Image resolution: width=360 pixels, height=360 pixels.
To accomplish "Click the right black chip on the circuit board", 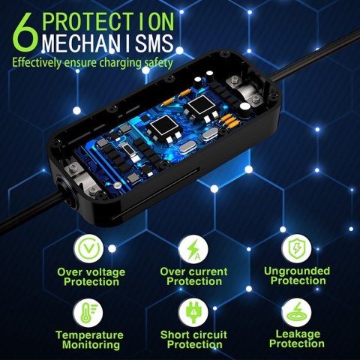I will click(200, 108).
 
